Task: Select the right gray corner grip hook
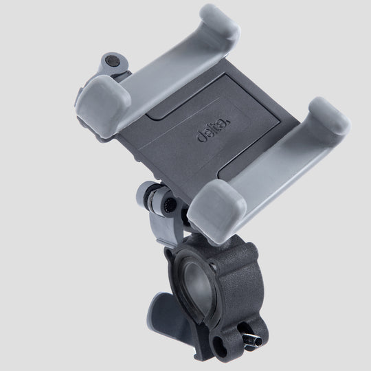pos(323,124)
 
